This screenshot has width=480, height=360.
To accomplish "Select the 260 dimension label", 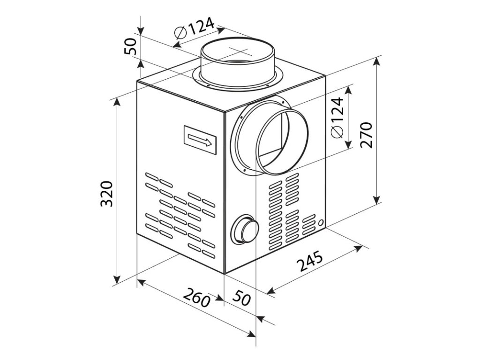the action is point(195,298).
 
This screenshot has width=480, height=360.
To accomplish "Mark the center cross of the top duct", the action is point(238,51).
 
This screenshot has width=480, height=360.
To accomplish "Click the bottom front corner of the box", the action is point(225,274).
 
